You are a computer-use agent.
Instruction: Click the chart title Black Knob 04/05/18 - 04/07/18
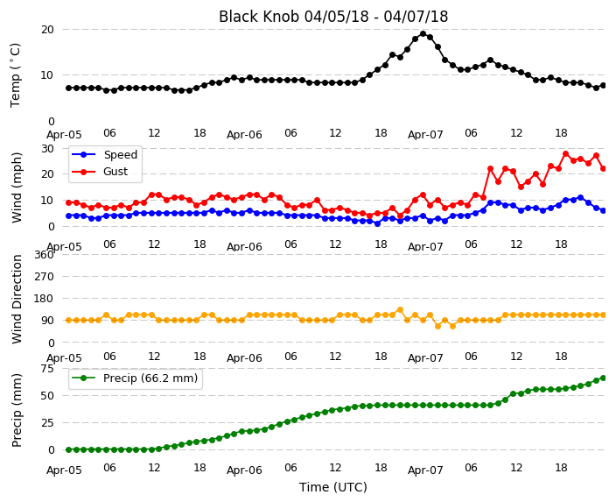click(333, 17)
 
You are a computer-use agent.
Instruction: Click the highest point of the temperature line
click(423, 34)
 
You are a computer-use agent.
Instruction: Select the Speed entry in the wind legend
click(104, 154)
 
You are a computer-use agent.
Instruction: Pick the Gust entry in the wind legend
click(100, 172)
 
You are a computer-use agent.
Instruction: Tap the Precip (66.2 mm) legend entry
click(135, 378)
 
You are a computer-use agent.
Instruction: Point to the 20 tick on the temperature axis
click(47, 30)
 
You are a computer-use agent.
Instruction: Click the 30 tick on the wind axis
click(47, 149)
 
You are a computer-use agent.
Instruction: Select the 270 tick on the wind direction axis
click(44, 277)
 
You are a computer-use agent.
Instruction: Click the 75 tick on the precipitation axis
click(47, 369)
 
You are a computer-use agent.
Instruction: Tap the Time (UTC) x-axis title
click(333, 487)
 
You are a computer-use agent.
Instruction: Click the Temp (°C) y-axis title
click(16, 75)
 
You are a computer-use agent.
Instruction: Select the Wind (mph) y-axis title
click(17, 187)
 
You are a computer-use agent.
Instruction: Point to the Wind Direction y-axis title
click(17, 299)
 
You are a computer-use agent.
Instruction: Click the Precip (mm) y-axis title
click(17, 410)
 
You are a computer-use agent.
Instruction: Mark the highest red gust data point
click(566, 154)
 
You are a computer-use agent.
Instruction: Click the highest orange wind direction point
click(401, 309)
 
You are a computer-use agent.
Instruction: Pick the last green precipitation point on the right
click(604, 378)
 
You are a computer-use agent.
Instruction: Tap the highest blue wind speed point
click(581, 197)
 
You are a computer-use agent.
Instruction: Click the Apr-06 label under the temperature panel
click(244, 135)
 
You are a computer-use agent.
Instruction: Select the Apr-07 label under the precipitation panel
click(425, 470)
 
